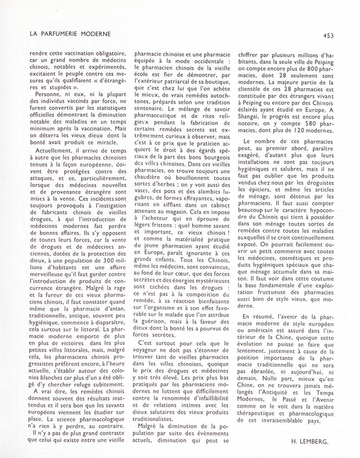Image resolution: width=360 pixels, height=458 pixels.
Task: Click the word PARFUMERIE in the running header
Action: coord(65,34)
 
